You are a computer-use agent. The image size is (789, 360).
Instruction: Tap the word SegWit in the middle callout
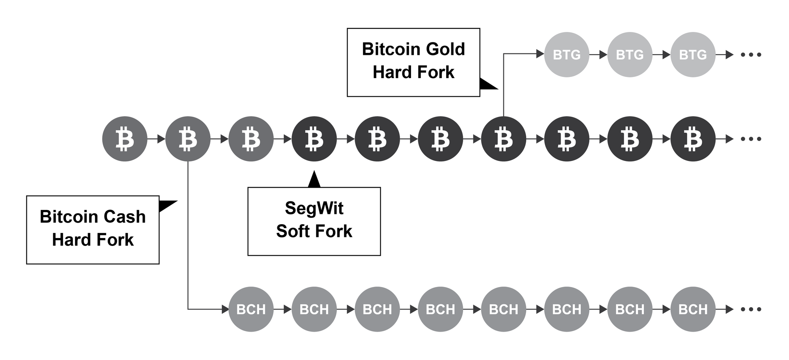click(x=314, y=208)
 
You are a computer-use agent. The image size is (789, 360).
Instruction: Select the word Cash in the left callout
click(x=124, y=217)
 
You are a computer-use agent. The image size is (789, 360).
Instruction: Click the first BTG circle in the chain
click(x=567, y=54)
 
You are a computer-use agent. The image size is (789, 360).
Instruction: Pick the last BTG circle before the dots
click(x=693, y=54)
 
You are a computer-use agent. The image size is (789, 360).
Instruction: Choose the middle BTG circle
click(x=630, y=54)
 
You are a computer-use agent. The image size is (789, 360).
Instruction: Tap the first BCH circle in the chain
click(x=251, y=309)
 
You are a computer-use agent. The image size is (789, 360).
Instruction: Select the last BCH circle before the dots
click(x=693, y=309)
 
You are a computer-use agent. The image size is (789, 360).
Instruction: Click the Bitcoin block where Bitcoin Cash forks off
click(x=188, y=139)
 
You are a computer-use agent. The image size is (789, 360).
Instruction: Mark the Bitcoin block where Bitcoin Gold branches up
click(x=503, y=139)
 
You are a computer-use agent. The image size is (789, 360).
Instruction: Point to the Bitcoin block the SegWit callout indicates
click(x=314, y=139)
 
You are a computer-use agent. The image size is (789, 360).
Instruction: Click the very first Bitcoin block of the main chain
click(x=125, y=139)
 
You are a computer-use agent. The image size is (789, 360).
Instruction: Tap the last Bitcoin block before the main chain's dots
click(x=693, y=139)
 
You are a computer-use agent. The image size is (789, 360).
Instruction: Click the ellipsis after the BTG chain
click(x=751, y=54)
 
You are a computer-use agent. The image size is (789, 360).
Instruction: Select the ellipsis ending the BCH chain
click(x=751, y=309)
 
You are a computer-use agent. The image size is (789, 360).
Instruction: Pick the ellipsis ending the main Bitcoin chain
click(x=751, y=139)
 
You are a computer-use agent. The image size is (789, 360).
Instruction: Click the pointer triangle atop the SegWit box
click(x=314, y=180)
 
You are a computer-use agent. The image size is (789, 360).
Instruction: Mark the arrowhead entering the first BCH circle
click(x=225, y=309)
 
